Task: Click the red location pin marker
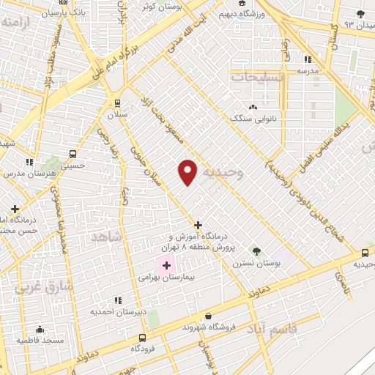click(188, 172)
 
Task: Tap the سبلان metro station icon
click(116, 103)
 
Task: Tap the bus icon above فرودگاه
click(141, 338)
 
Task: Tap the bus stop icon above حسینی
click(73, 154)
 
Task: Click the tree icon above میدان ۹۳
click(360, 14)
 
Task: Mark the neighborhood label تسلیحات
click(256, 75)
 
